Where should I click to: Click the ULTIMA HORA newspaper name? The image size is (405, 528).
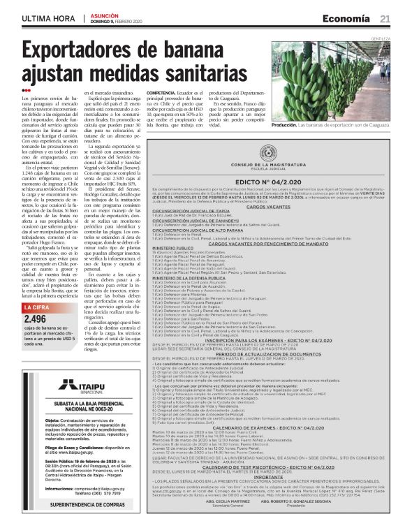(47, 19)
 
